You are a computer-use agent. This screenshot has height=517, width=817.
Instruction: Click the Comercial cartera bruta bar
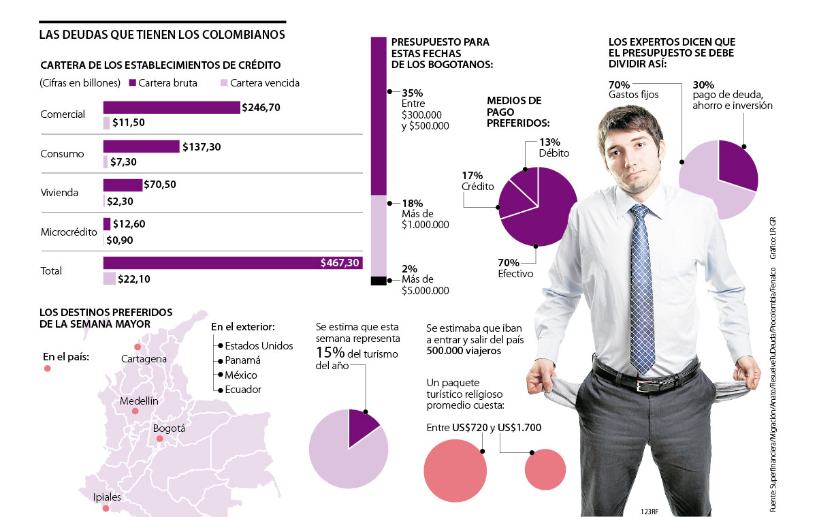tap(171, 107)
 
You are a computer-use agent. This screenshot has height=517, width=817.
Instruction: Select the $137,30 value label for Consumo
tap(202, 146)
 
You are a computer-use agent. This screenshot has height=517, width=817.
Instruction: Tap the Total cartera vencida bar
tap(109, 278)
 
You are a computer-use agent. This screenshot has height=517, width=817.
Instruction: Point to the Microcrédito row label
tap(67, 232)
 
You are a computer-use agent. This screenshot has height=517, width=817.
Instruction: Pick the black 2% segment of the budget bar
tap(379, 280)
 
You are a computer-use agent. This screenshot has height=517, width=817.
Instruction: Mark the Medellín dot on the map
tap(135, 411)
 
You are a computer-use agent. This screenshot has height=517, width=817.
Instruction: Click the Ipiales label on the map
tap(107, 497)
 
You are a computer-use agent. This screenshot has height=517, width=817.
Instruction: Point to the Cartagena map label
tap(144, 358)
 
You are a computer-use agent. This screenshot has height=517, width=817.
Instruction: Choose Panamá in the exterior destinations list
tap(242, 360)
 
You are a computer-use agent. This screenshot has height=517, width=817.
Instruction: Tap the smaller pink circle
tap(545, 469)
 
